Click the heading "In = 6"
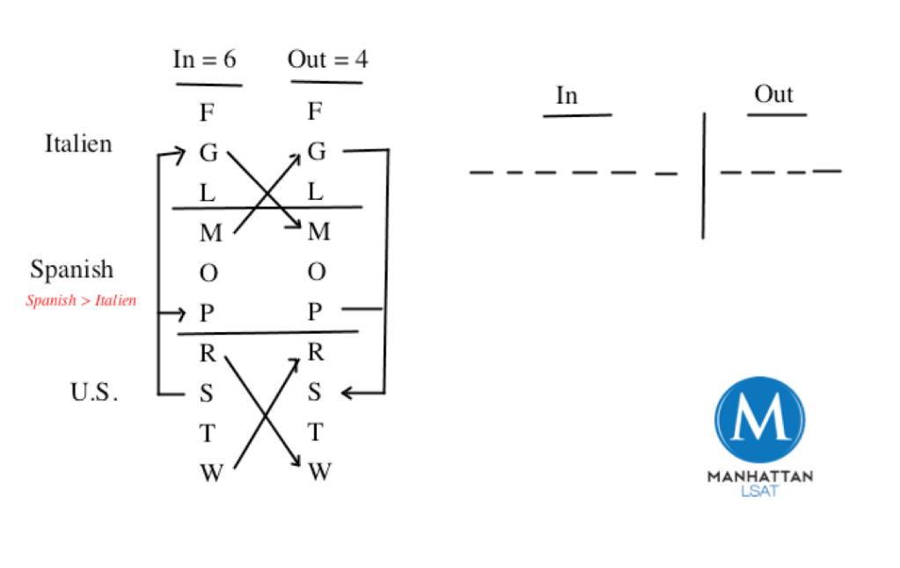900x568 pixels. point(205,60)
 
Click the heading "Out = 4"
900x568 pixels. point(326,60)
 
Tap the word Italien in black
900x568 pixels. point(78,144)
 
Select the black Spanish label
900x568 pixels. point(71,269)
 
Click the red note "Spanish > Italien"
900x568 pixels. point(81,301)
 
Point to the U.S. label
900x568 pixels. point(93,393)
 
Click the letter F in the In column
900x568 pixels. point(208,113)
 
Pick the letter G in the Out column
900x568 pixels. point(317,152)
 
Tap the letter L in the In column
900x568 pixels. point(208,192)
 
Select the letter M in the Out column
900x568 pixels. point(318,232)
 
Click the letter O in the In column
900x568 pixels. point(209,273)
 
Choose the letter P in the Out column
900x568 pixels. point(316,313)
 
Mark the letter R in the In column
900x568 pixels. point(208,353)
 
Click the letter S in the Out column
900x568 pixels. point(316,393)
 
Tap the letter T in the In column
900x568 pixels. point(208,433)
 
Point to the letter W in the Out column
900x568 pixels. point(318,473)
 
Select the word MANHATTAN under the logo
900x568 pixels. point(759,476)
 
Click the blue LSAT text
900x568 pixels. point(759,491)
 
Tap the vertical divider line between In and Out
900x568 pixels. point(703,176)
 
